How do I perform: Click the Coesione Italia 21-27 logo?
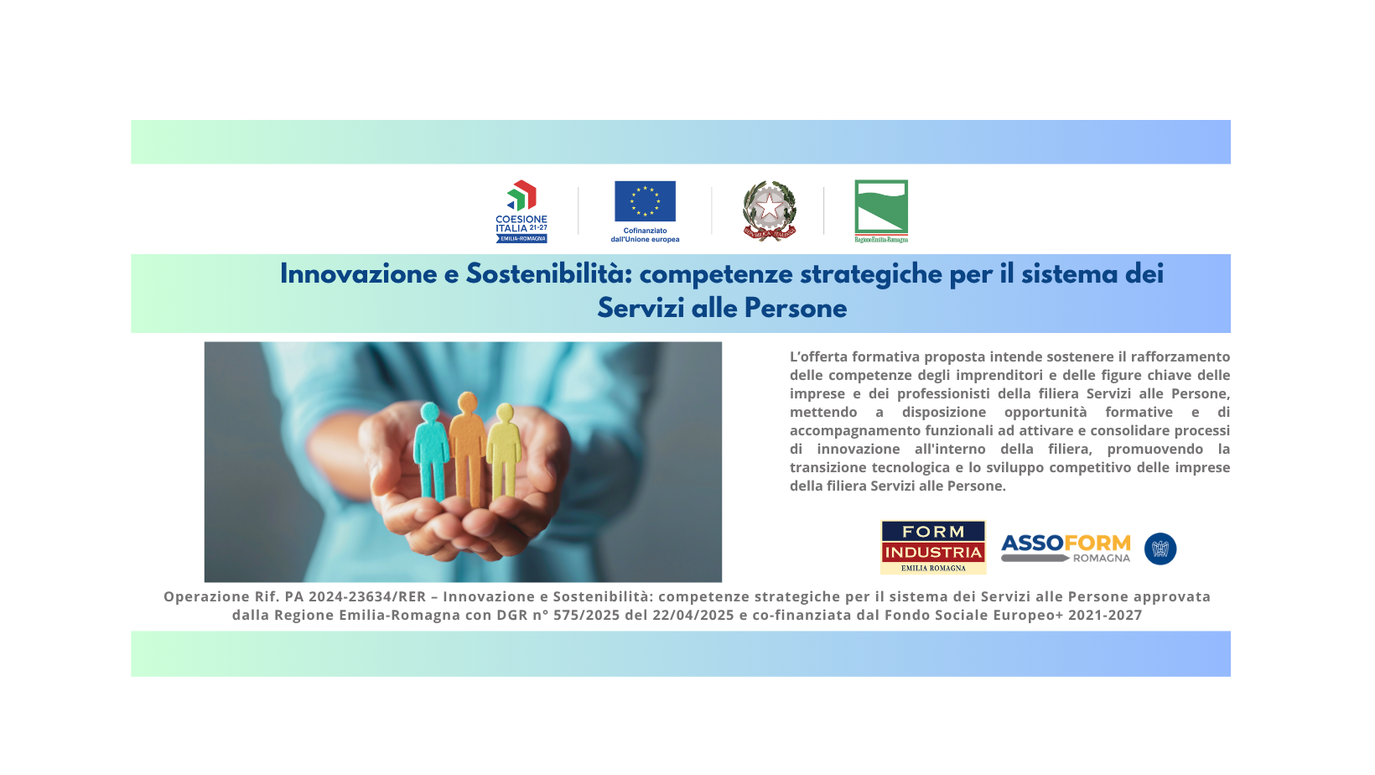click(521, 211)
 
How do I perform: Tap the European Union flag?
click(645, 200)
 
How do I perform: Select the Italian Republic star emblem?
click(769, 211)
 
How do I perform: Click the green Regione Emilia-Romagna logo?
click(881, 211)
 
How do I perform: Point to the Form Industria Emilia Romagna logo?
click(933, 547)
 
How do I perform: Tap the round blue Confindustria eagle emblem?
click(1160, 549)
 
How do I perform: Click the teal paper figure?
click(431, 450)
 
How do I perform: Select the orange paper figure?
click(468, 448)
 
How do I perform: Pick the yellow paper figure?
click(504, 450)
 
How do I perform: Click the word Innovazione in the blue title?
click(359, 274)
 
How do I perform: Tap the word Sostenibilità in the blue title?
click(549, 274)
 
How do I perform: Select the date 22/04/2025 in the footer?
click(693, 616)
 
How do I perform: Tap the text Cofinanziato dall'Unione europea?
click(645, 235)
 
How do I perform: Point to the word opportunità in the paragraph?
click(1046, 413)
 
